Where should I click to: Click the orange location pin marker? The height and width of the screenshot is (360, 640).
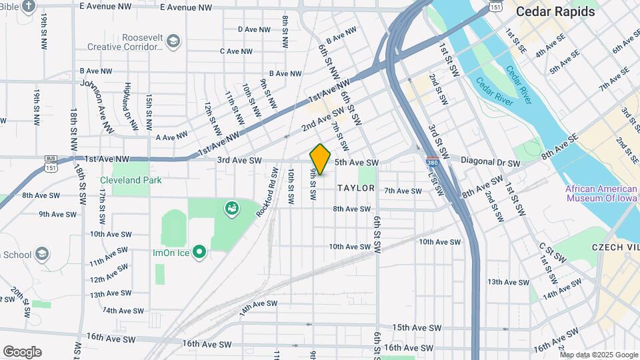(x=321, y=159)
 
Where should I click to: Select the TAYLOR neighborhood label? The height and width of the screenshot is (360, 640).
(x=356, y=188)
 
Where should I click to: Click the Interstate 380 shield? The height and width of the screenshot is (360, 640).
(x=432, y=161)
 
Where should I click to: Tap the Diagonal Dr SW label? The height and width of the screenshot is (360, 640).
(x=490, y=163)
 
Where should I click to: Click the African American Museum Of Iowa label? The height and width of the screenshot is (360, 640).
(x=601, y=193)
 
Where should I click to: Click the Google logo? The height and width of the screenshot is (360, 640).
(x=22, y=352)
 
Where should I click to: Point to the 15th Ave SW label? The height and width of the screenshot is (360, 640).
(x=417, y=328)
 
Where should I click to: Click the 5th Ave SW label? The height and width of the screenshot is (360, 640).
(x=356, y=162)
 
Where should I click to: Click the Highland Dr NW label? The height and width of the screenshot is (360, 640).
(x=131, y=107)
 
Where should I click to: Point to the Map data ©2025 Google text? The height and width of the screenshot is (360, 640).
(x=599, y=355)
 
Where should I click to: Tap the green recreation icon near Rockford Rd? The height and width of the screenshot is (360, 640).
(x=232, y=209)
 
